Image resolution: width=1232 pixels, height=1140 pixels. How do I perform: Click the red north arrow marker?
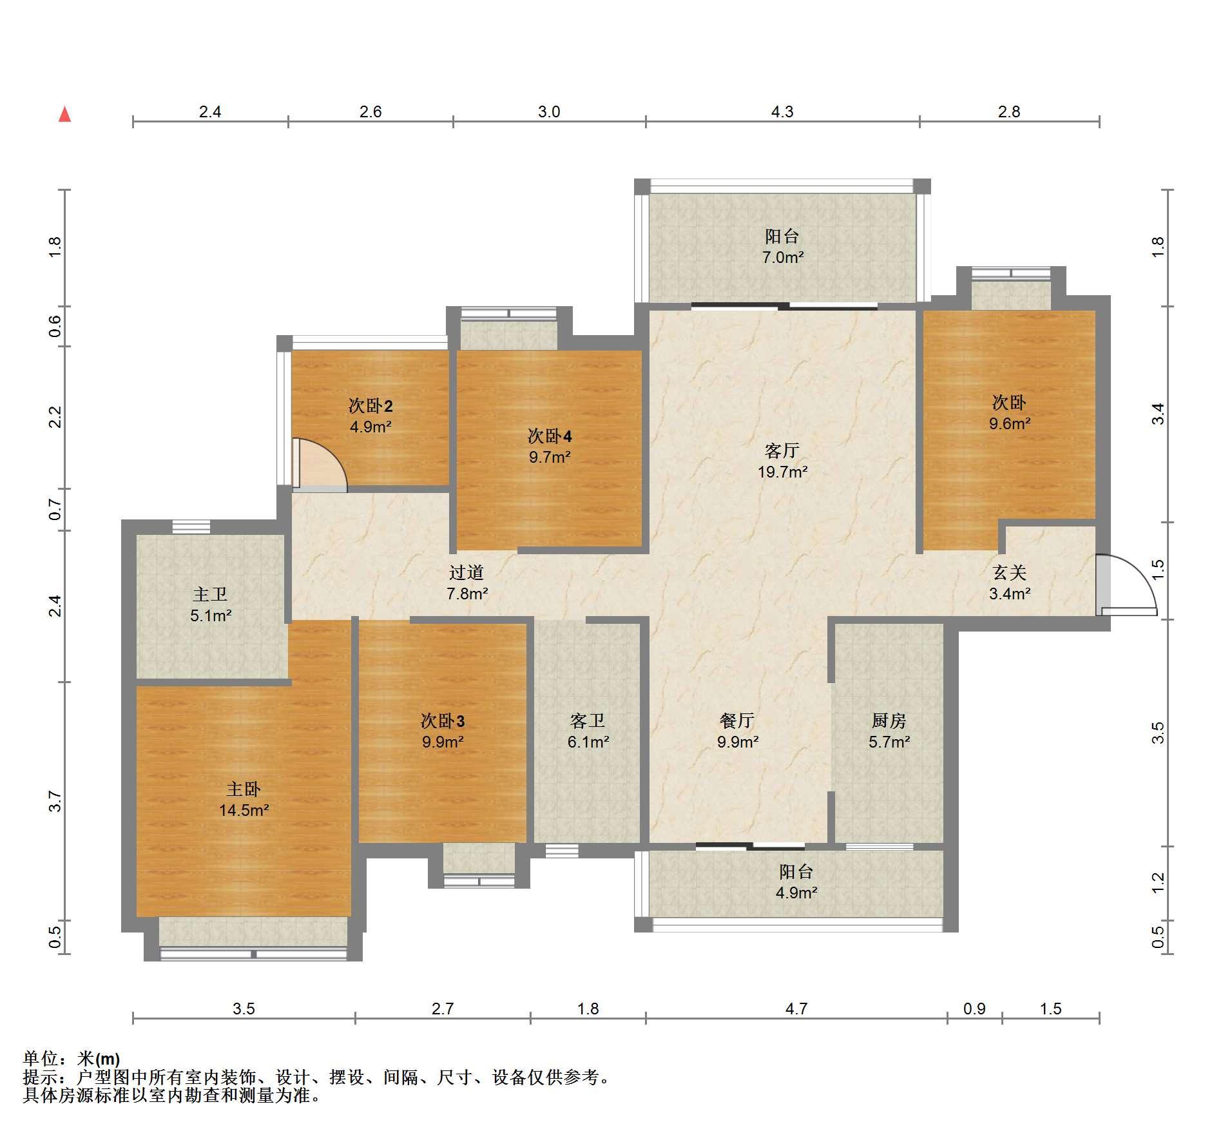(x=64, y=114)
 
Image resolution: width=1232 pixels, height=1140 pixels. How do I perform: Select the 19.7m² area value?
(x=782, y=472)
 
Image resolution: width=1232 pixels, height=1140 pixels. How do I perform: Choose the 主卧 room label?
(x=244, y=789)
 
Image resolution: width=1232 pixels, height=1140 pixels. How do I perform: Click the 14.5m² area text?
(x=244, y=810)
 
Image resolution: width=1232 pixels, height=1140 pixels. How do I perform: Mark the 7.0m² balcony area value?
(x=783, y=257)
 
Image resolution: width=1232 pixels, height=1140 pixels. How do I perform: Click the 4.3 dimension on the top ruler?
(x=782, y=111)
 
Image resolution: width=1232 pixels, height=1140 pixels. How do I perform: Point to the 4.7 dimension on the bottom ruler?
(x=796, y=1009)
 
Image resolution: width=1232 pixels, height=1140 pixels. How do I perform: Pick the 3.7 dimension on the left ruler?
(x=55, y=801)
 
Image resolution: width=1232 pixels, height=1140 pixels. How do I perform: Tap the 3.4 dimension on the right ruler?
(x=1158, y=414)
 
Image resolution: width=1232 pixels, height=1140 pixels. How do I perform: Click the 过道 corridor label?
(x=466, y=572)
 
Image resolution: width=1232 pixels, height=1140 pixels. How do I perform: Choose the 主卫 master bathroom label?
(x=210, y=594)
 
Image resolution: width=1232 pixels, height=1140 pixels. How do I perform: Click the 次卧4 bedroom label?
(x=550, y=436)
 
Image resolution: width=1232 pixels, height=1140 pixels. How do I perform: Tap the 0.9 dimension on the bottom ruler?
(x=974, y=1009)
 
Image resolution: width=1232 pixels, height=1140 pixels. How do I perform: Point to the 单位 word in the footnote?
(x=41, y=1058)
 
